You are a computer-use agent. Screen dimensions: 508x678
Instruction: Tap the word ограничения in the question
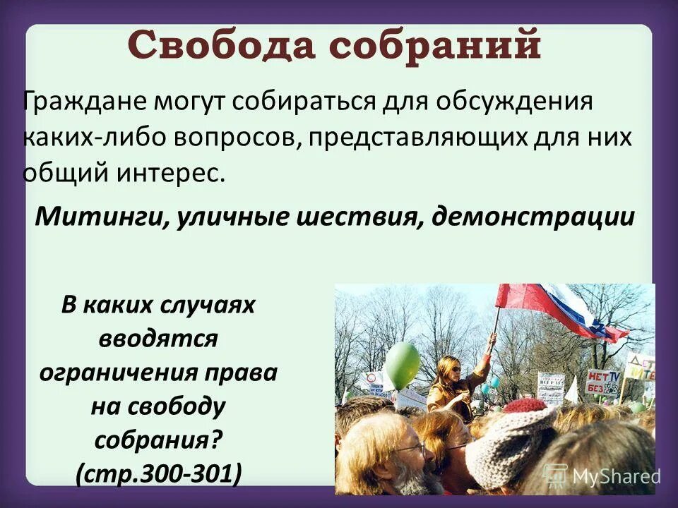pyautogui.click(x=158, y=372)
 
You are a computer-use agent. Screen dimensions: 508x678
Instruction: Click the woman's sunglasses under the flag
pyautogui.click(x=451, y=368)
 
